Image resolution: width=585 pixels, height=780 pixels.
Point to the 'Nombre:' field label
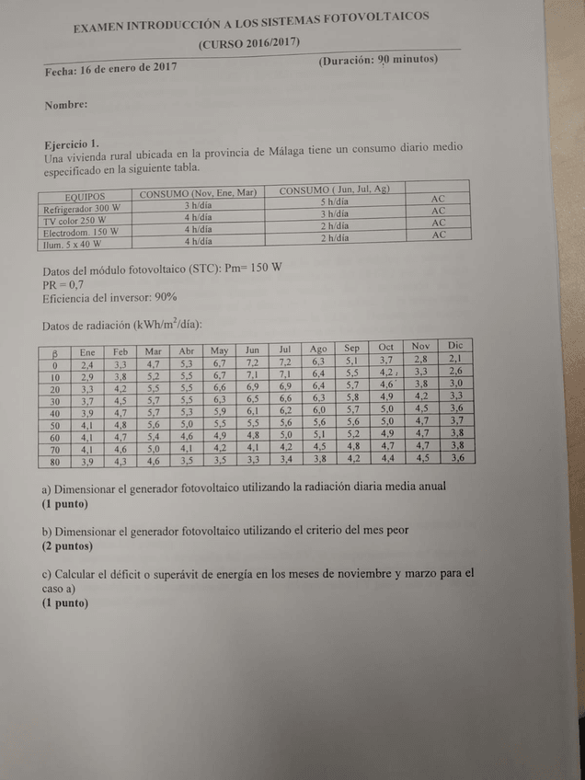point(66,105)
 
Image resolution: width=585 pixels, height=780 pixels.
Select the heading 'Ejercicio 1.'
point(72,144)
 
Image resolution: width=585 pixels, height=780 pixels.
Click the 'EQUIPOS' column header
point(86,196)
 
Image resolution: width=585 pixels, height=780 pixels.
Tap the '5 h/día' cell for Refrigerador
point(335,201)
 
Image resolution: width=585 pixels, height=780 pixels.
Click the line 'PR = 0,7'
point(63,283)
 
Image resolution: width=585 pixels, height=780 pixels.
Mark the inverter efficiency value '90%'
point(166,297)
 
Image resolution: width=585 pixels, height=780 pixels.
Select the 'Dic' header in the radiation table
point(455,345)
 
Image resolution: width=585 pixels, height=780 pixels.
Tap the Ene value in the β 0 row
point(87,365)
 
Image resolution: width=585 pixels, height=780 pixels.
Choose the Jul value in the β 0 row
point(285,362)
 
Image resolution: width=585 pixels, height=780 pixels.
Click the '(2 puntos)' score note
point(68,545)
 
